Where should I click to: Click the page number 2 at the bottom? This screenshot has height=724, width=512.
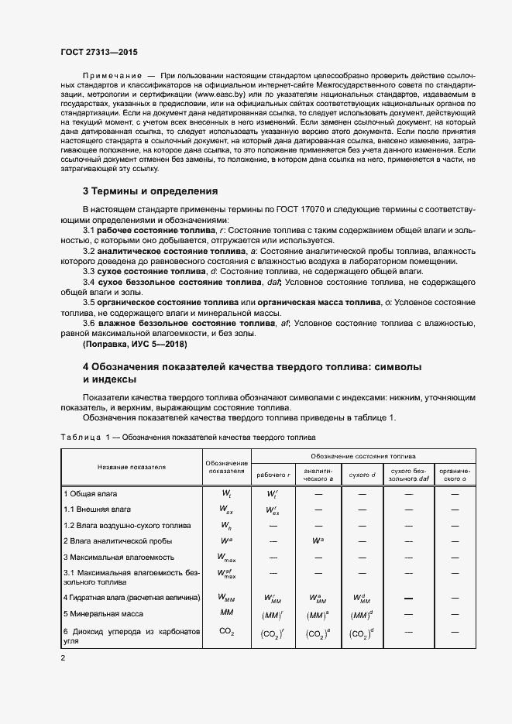(x=63, y=658)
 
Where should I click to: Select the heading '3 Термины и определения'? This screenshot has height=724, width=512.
(x=150, y=190)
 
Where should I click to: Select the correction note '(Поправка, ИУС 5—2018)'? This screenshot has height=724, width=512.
(x=134, y=342)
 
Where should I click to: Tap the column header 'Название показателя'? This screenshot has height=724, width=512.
(x=132, y=467)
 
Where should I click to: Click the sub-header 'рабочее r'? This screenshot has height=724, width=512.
(x=273, y=474)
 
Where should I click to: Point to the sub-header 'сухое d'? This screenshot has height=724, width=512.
(x=362, y=474)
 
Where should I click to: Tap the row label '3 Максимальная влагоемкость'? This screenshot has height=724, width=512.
(x=119, y=557)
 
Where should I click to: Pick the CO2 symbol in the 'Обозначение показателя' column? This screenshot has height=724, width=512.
(x=227, y=632)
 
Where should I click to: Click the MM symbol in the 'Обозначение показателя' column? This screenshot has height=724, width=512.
(x=227, y=612)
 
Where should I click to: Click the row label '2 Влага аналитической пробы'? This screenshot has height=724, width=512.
(x=118, y=540)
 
